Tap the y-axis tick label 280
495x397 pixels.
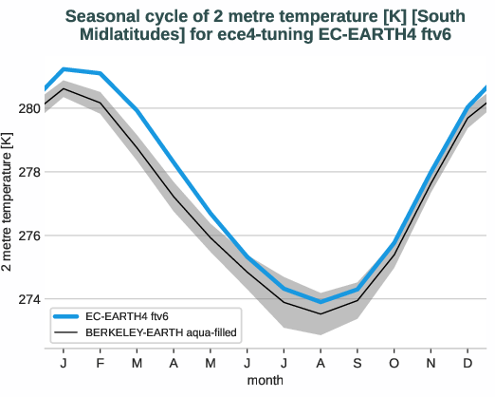click(x=28, y=108)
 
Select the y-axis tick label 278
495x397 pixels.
click(x=28, y=172)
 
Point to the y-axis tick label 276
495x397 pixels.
click(x=28, y=236)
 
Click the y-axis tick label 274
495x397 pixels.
click(x=28, y=299)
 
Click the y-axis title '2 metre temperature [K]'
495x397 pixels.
click(x=9, y=203)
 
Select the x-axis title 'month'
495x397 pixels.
click(x=266, y=380)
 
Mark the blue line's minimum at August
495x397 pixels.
click(x=321, y=302)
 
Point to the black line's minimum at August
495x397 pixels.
click(x=321, y=313)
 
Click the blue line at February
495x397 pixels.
click(x=101, y=73)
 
